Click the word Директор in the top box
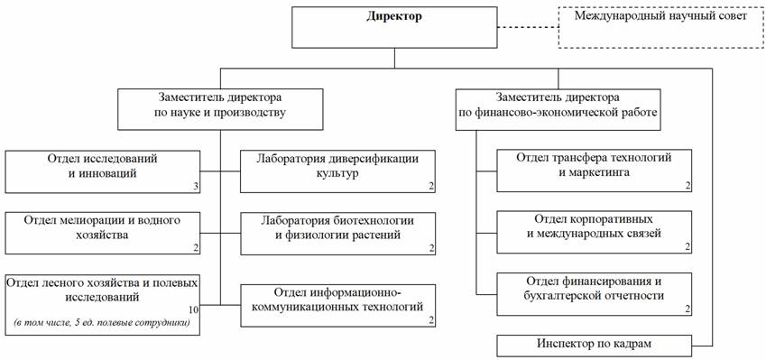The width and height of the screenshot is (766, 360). pos(394,17)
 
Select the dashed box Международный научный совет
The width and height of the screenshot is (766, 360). pos(661,28)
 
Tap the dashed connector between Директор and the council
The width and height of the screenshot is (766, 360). pos(528,28)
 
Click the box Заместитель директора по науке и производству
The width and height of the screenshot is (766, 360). pos(219,109)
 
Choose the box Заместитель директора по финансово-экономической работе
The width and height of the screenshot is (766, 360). pos(558,109)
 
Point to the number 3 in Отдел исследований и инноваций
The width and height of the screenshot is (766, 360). pos(196,186)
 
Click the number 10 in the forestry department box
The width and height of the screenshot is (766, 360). pos(193,309)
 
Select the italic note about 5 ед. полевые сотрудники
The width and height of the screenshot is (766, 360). pos(102,323)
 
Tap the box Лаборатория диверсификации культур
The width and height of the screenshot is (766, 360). pos(337,171)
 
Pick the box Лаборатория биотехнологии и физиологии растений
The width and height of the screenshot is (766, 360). pos(337,233)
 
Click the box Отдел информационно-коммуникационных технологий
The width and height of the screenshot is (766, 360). pos(337,306)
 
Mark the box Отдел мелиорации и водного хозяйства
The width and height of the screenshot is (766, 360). pos(103,233)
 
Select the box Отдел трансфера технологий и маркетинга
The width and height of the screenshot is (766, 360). pos(595,171)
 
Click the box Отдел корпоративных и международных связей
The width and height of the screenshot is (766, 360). pos(595,232)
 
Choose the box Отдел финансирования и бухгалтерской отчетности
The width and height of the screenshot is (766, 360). pos(595,294)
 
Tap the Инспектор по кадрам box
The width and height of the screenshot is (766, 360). pos(595,346)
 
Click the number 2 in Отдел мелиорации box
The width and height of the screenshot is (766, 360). pos(196,249)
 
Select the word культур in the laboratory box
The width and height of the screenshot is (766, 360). pos(337,173)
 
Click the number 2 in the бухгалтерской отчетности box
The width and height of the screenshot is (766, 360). pos(688,309)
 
